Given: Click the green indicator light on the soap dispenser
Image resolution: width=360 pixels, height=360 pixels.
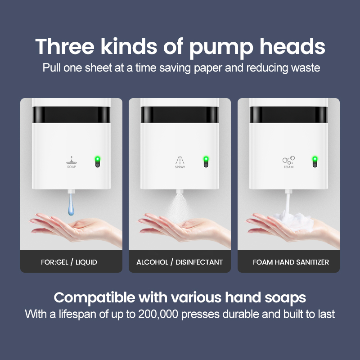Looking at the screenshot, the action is [98, 159].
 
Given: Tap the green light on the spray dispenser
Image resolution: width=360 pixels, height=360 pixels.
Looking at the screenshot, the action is [206, 159].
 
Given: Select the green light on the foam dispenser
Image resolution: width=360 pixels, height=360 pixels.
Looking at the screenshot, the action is [315, 159].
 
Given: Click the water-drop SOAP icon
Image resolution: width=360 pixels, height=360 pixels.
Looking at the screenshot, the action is [72, 162].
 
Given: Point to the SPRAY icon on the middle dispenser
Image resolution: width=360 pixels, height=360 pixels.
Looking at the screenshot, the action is [180, 162].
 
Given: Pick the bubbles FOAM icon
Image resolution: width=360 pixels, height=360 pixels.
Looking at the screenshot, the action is [288, 162].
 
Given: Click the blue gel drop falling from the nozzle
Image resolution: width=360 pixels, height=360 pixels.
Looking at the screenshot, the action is [71, 204].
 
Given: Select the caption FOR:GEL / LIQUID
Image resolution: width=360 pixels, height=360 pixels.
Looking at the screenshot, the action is [69, 262].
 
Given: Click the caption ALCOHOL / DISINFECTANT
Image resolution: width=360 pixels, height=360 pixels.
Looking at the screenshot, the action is [180, 262].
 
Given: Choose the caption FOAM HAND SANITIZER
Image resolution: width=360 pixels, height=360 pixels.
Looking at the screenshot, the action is [291, 262].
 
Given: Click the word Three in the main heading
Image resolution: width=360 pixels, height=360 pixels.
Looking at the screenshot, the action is [65, 47].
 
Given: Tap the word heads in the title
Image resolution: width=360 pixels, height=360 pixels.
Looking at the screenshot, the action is [292, 47].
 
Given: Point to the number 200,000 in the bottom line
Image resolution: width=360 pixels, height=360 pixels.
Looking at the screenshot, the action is [158, 314].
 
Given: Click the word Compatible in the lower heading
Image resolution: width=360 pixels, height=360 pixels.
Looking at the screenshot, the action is [94, 298].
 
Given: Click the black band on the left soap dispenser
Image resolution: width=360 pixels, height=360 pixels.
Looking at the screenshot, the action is [71, 114].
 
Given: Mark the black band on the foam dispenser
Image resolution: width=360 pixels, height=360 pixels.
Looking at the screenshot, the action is [288, 114].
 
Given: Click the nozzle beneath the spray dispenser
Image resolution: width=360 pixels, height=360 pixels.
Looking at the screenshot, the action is [180, 192].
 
